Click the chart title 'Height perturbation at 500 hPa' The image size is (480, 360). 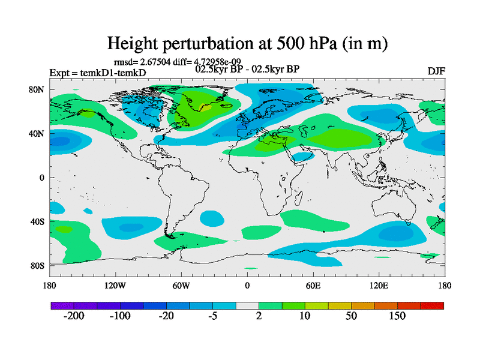pyautogui.click(x=247, y=43)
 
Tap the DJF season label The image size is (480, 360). pyautogui.click(x=436, y=71)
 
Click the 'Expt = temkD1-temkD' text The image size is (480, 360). pyautogui.click(x=97, y=73)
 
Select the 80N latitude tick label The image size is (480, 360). pyautogui.click(x=38, y=89)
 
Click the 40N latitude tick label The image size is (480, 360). pyautogui.click(x=38, y=133)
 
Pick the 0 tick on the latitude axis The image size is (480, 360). pyautogui.click(x=43, y=178)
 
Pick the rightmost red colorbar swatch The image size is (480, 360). pyautogui.click(x=432, y=306)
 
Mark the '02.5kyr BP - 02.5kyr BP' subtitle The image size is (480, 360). pyautogui.click(x=247, y=69)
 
